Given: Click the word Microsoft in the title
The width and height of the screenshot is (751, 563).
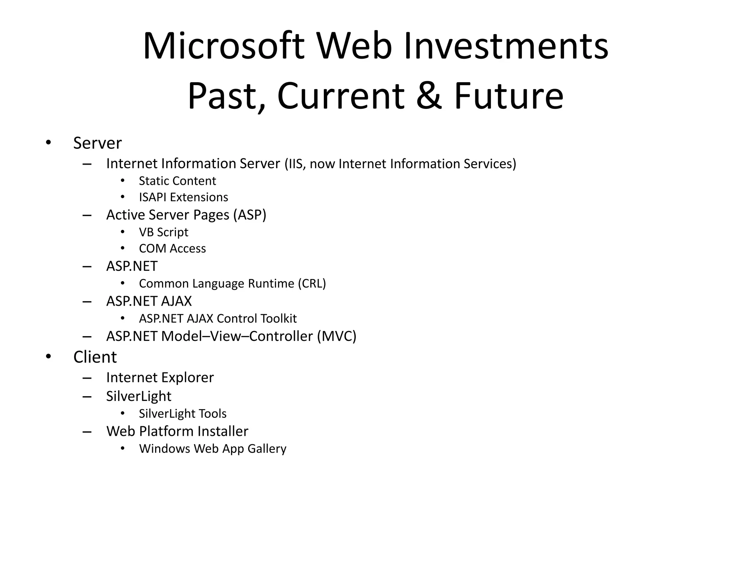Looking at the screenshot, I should tap(223, 47).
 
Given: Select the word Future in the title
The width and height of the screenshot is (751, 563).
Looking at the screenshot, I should tap(509, 96).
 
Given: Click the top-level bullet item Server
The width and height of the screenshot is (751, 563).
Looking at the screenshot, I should tap(97, 143).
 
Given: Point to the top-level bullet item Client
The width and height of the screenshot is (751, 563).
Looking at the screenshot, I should tap(95, 357).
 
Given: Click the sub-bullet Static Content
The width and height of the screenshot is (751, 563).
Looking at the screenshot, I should tap(177, 181).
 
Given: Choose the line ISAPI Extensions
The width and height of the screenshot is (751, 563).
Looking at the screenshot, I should tap(183, 197).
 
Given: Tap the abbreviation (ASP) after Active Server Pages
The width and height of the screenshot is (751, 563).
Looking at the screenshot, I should tap(250, 215).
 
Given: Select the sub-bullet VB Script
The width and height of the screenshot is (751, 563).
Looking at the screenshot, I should tap(163, 232).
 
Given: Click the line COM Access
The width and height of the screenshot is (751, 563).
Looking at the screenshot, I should tap(172, 249).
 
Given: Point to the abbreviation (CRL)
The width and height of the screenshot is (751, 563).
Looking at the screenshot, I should tap(312, 284).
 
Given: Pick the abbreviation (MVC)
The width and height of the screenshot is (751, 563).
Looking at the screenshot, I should tap(337, 336).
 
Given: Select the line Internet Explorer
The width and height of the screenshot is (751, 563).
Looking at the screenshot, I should tap(160, 378).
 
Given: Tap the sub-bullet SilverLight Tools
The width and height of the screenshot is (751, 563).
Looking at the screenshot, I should tap(183, 414).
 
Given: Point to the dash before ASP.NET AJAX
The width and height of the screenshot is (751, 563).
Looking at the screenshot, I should tap(87, 302).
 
